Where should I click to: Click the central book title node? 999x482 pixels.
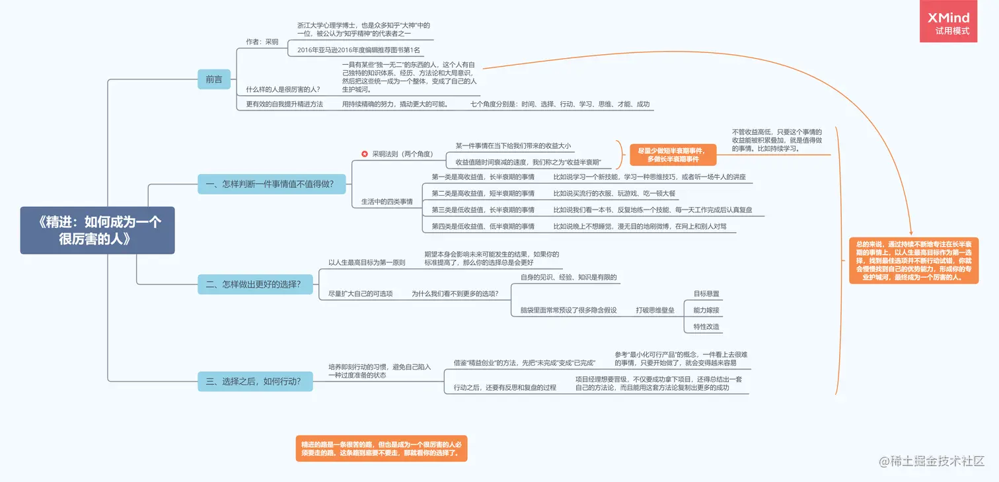click(97, 230)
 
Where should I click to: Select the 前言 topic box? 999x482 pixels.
click(214, 79)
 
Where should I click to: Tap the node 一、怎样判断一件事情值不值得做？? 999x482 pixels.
click(272, 184)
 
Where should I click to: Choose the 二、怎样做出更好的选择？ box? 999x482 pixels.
click(254, 284)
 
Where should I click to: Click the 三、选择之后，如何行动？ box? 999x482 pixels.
click(254, 381)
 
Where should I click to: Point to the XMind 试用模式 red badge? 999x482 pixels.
click(948, 23)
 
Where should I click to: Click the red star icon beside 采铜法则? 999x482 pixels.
click(364, 154)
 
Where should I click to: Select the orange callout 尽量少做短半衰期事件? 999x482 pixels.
click(673, 155)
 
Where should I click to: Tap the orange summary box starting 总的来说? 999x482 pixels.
click(913, 261)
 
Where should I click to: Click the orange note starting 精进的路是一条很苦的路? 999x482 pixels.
click(381, 448)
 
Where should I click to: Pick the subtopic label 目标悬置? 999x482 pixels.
click(706, 294)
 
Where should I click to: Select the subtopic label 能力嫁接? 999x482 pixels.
click(706, 310)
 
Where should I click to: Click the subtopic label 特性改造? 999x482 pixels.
click(706, 327)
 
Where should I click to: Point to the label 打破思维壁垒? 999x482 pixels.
click(655, 310)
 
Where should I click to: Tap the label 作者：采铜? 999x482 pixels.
click(262, 42)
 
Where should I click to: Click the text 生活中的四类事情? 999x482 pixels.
click(387, 201)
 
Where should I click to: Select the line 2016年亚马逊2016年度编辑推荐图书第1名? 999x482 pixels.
click(359, 50)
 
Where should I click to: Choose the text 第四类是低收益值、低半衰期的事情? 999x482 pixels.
click(483, 226)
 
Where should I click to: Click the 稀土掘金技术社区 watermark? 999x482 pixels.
click(932, 461)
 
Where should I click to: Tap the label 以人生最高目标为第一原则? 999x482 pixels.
click(367, 262)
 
